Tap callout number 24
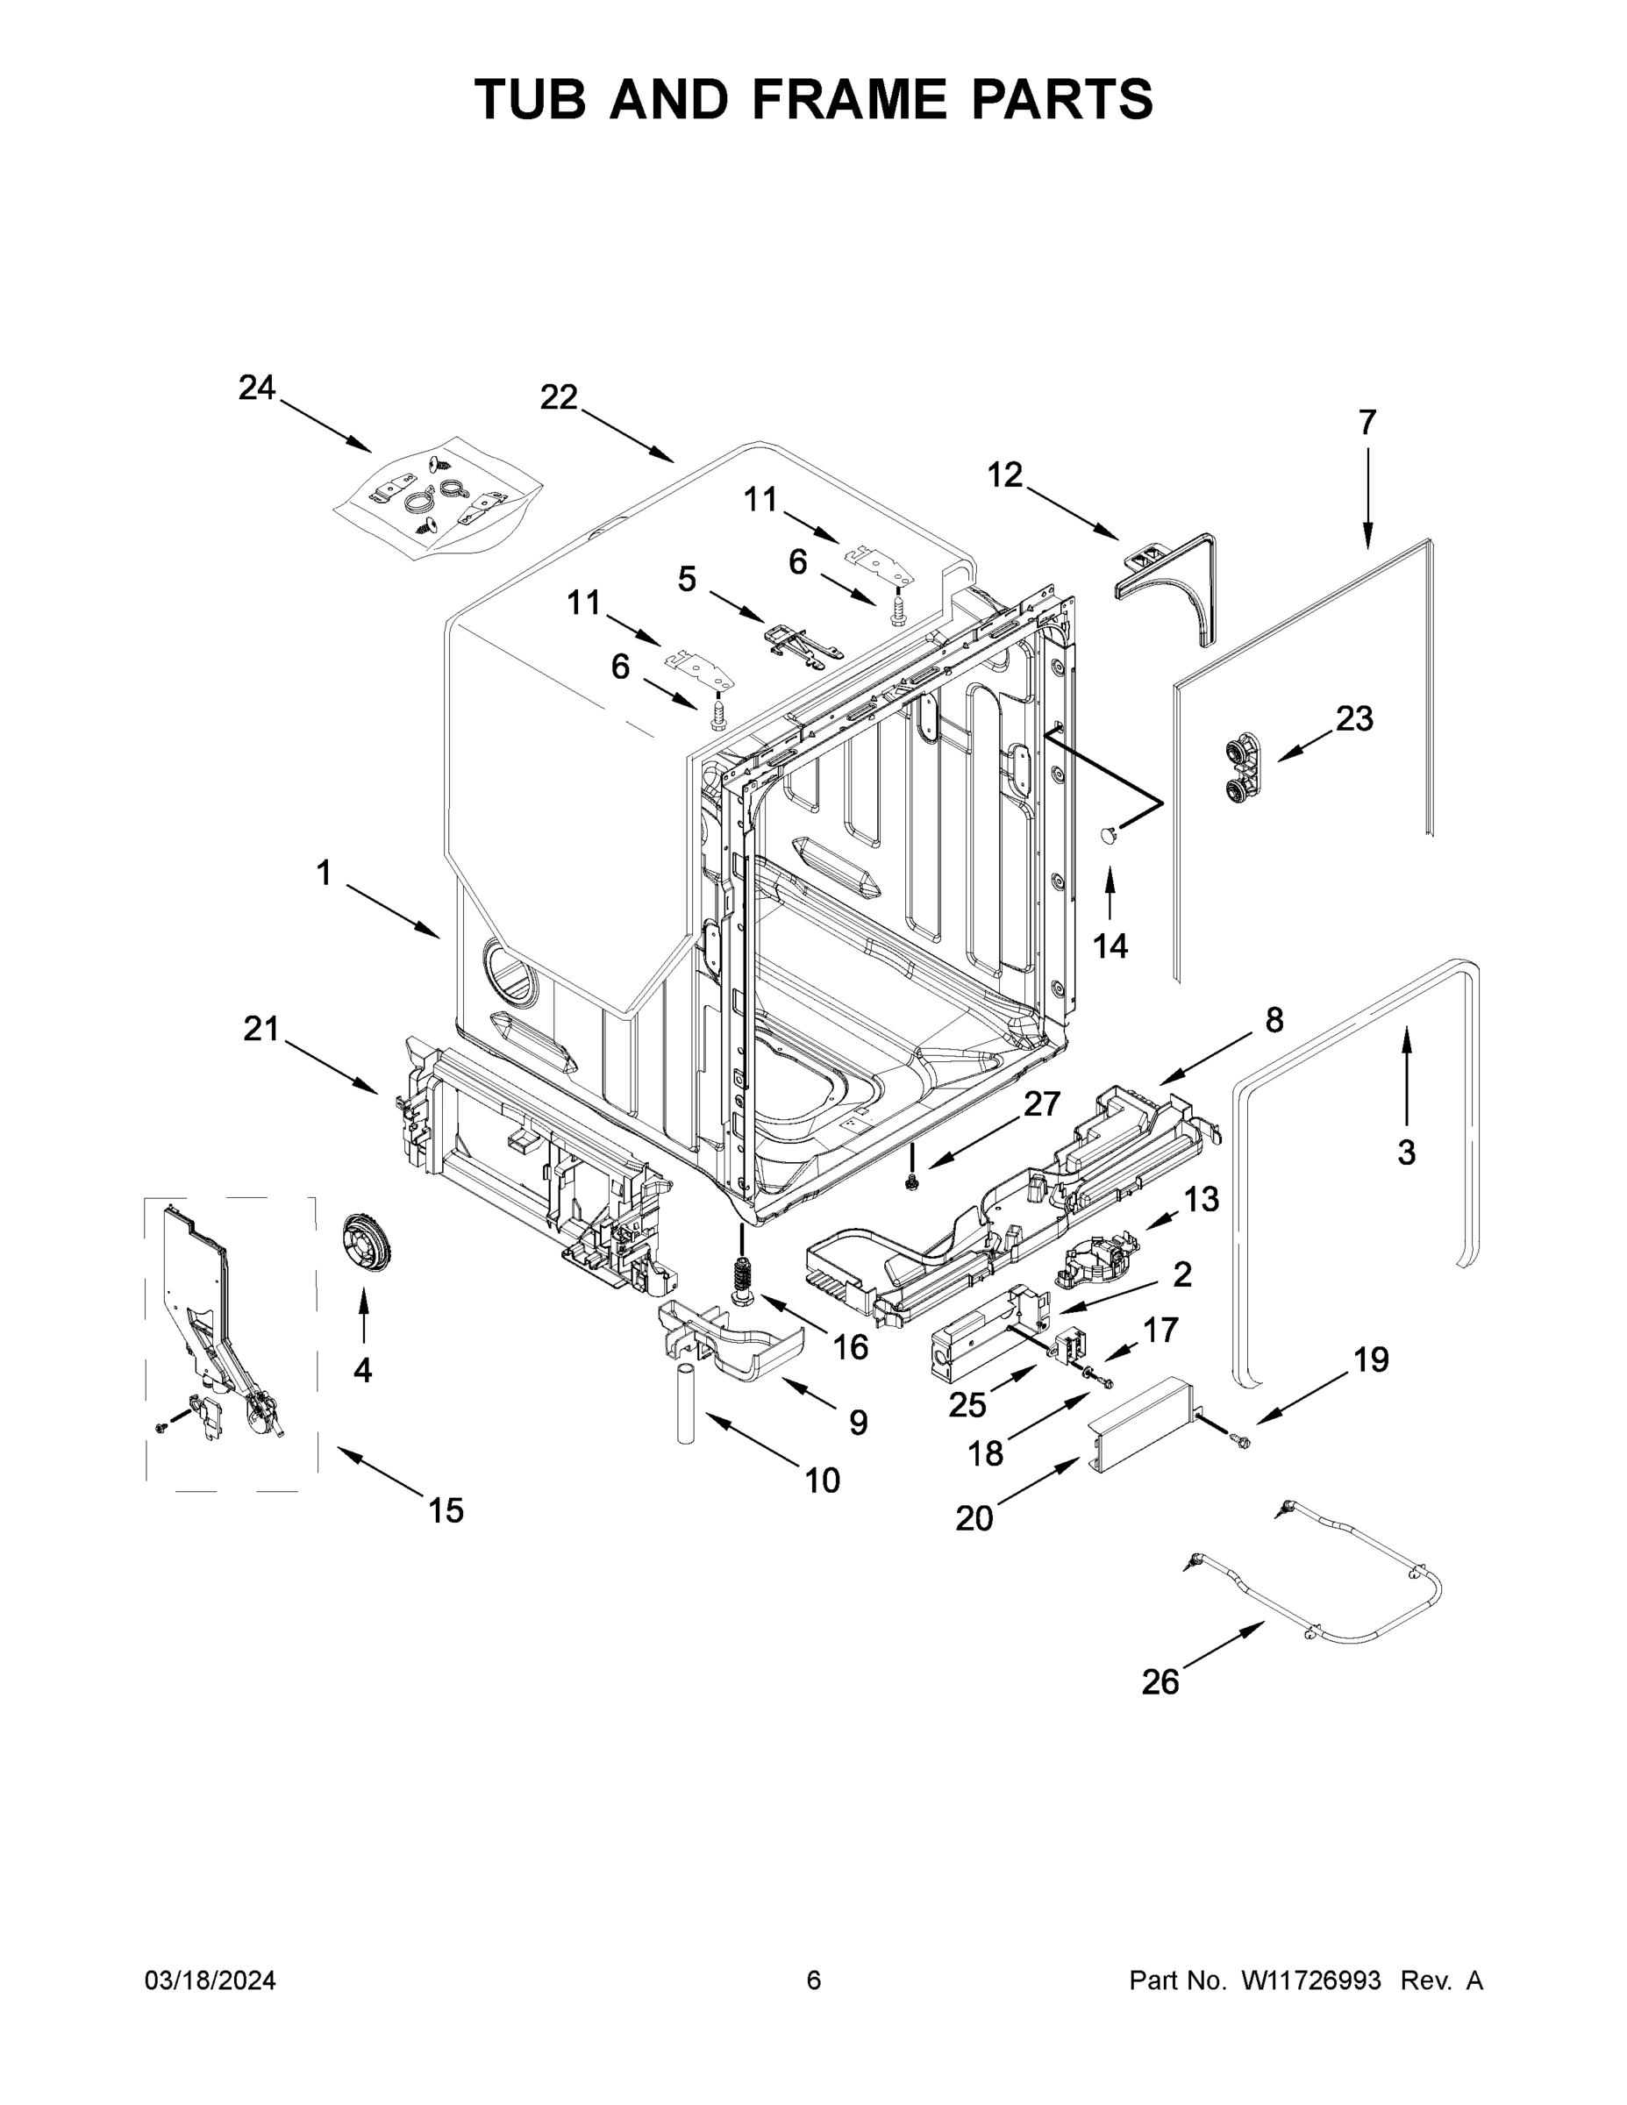(257, 389)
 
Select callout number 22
(558, 396)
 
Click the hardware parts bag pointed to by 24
(438, 501)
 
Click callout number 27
(1042, 1103)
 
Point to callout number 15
(446, 1509)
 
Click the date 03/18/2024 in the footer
(211, 1980)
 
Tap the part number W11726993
(1311, 1980)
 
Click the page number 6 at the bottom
(814, 1980)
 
